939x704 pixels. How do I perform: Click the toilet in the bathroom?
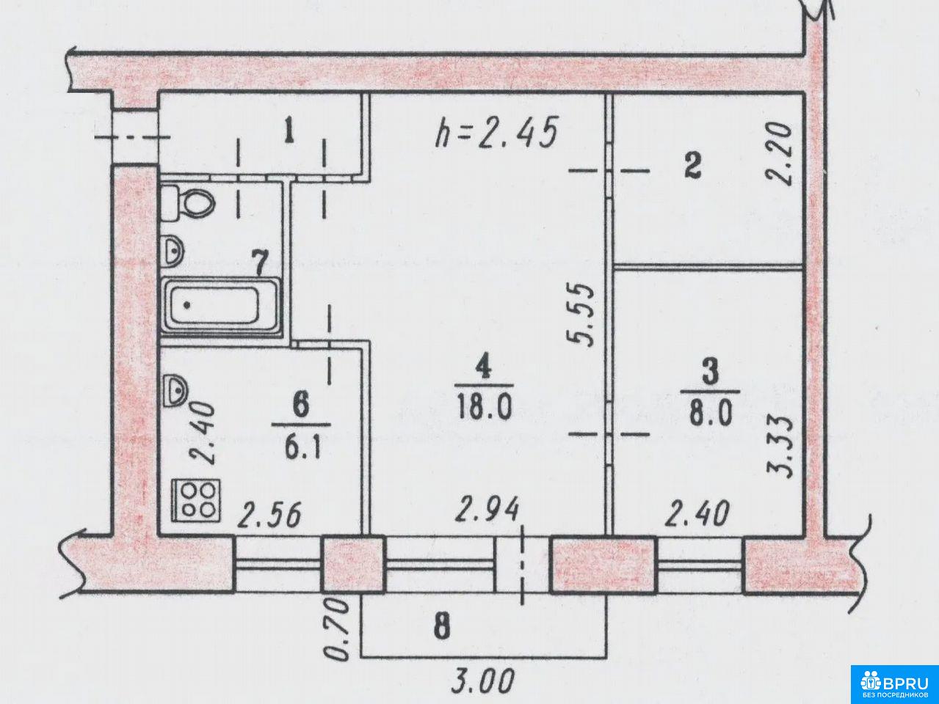click(x=187, y=202)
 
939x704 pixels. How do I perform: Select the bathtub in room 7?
click(x=221, y=305)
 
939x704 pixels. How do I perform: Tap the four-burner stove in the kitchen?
click(x=197, y=500)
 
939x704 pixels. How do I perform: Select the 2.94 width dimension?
click(x=487, y=509)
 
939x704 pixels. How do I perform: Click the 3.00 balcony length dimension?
click(x=483, y=683)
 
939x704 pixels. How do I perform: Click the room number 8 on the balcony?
click(x=441, y=627)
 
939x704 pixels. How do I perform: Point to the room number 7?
click(x=260, y=264)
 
